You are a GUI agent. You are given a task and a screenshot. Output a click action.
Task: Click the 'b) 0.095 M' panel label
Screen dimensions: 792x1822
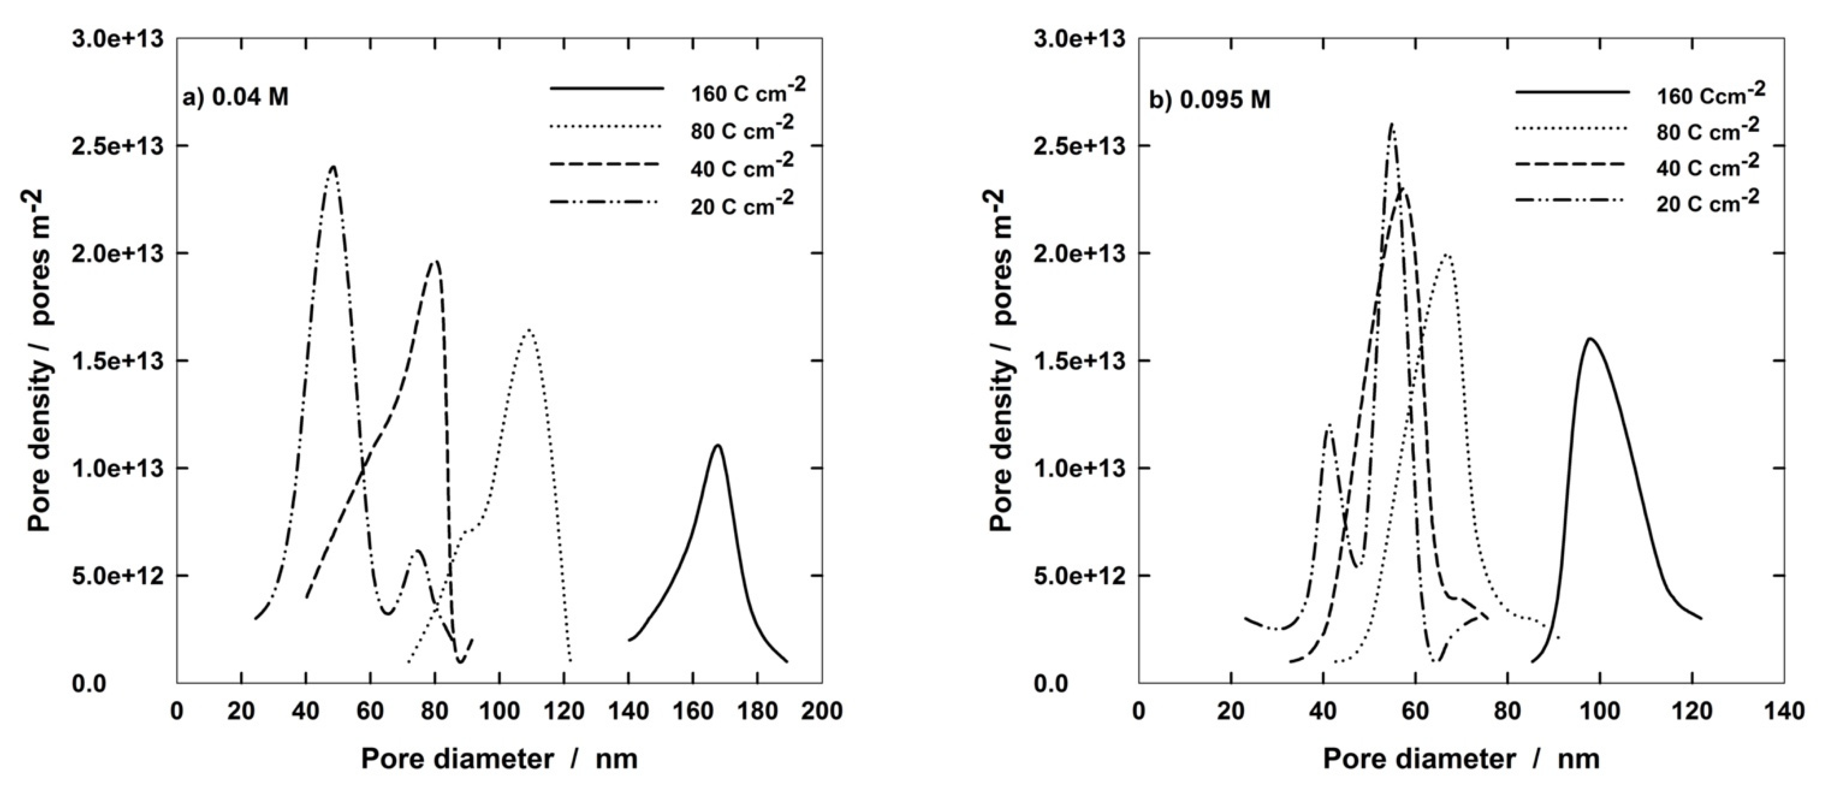(1210, 100)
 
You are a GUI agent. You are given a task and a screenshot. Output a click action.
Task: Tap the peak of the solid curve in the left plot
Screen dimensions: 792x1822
(717, 446)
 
